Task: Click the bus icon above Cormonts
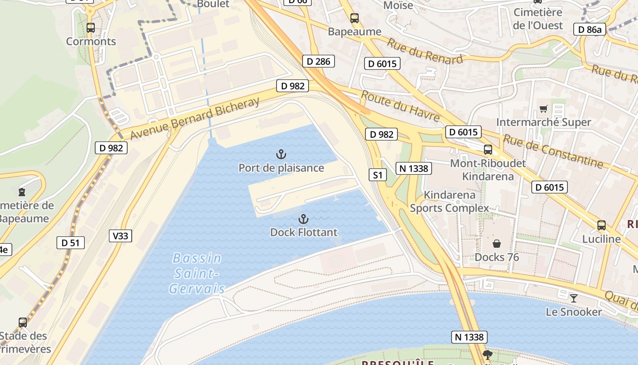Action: (x=91, y=27)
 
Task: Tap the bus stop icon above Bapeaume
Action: (x=355, y=18)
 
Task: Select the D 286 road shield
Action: (x=318, y=61)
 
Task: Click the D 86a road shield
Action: (x=590, y=30)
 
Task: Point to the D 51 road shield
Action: (x=71, y=243)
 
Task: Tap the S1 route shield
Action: (x=377, y=175)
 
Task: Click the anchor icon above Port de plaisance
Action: (x=281, y=154)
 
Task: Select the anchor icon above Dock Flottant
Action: (x=304, y=219)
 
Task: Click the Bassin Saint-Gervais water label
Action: (x=197, y=273)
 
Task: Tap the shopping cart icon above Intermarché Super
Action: (x=543, y=109)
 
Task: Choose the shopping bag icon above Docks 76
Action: (x=497, y=244)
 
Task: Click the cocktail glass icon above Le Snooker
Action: (x=574, y=298)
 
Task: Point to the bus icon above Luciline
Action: (x=602, y=225)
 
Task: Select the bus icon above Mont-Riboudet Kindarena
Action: (x=488, y=149)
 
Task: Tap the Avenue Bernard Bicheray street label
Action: (x=195, y=118)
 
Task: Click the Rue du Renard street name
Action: (x=425, y=50)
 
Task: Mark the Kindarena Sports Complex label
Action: (x=449, y=202)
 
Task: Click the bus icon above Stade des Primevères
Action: (x=23, y=323)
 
